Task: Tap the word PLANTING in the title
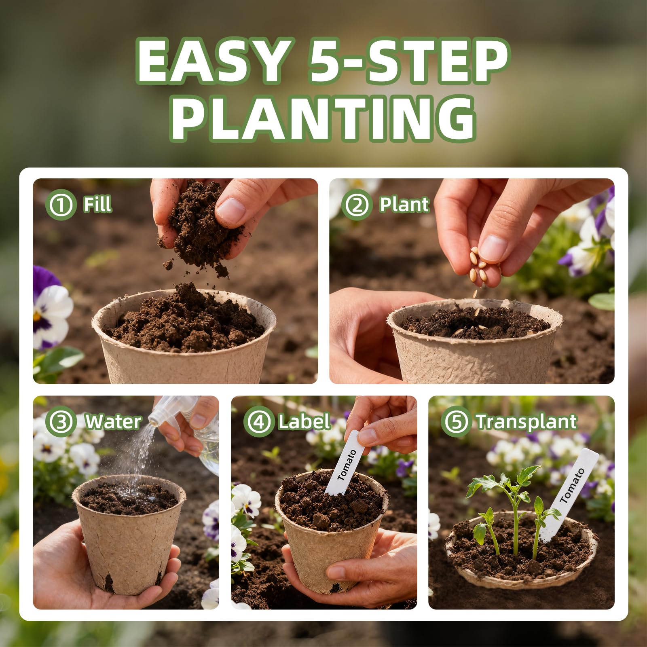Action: tap(323, 118)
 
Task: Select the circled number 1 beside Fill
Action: tap(61, 205)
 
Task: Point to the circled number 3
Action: tap(61, 422)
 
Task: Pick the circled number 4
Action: tap(259, 422)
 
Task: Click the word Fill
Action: tap(97, 204)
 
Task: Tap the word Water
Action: tap(113, 422)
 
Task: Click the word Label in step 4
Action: tap(304, 422)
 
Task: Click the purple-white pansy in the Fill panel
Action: tap(49, 307)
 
